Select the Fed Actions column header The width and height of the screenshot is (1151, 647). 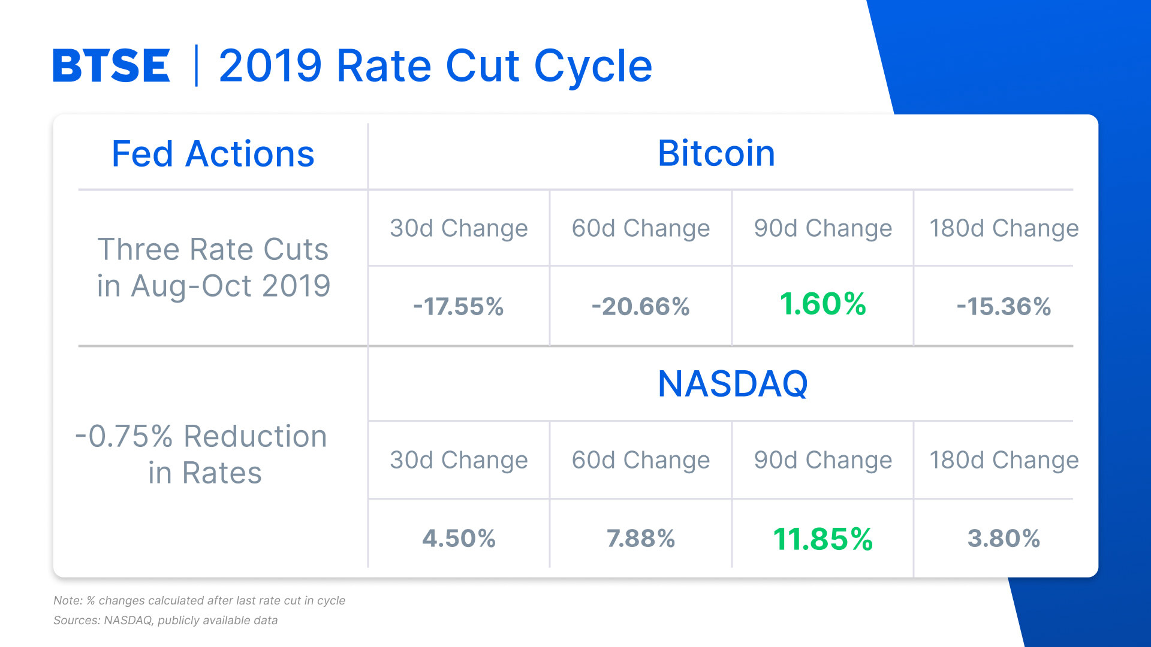coord(213,154)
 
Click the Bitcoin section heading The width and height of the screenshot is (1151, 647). coord(716,153)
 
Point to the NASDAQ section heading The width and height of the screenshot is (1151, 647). coord(733,383)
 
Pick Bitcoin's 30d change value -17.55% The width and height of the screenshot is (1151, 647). coord(459,307)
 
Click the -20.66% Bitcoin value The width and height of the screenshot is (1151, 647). coord(640,307)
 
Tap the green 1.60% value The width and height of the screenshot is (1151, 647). coord(822,304)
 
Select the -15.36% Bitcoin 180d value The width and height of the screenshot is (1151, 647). coord(1004,307)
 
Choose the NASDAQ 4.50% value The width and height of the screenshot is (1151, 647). coord(459,538)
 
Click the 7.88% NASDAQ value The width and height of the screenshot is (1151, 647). coord(640,538)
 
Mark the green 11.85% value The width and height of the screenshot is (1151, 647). coord(822,539)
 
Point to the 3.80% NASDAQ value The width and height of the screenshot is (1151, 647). coord(1004,538)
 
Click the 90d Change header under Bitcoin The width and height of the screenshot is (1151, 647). coord(822,228)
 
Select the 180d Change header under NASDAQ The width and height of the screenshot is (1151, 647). coord(1004,460)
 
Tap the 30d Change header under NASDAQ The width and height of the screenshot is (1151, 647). coord(459,460)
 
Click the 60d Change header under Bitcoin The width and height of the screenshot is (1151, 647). coord(640,228)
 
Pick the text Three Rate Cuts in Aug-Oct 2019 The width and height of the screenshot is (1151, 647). coord(213,267)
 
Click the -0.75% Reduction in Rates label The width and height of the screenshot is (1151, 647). coord(202,454)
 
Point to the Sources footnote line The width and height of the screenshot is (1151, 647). coord(165,621)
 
